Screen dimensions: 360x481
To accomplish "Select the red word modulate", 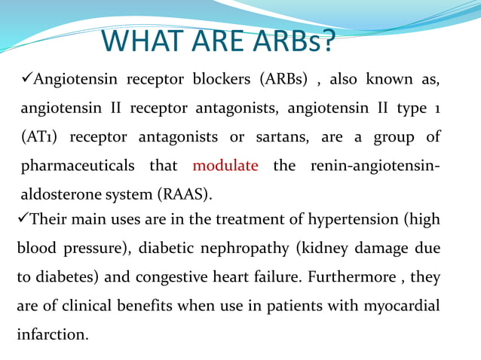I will coord(225,165).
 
